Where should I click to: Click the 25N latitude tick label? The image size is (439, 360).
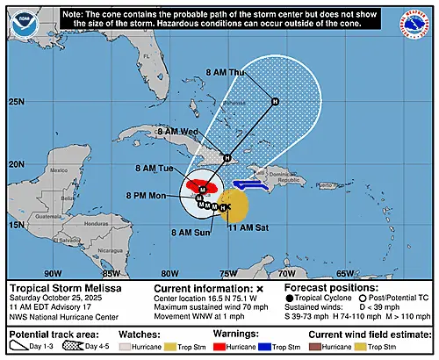(x=16, y=103)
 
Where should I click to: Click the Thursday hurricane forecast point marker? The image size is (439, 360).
(x=275, y=101)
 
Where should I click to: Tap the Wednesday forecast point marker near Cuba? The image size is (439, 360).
(x=227, y=158)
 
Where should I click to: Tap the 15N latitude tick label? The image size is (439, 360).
(x=16, y=225)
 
